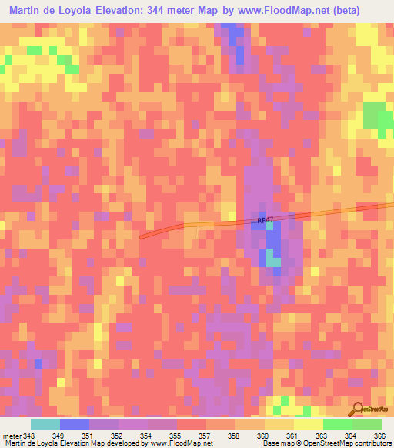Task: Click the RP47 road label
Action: [x=265, y=220]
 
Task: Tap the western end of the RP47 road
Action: [x=142, y=237]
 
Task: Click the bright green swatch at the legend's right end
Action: [x=367, y=424]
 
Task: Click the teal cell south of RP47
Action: [x=275, y=261]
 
